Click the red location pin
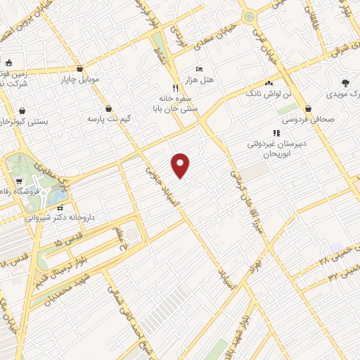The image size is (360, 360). pos(181,165)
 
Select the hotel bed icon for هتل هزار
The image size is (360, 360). pos(199,69)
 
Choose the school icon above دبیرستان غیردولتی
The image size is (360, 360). pos(276,132)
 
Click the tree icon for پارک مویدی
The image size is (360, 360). pos(345,82)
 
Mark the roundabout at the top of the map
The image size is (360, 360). pos(247,17)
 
